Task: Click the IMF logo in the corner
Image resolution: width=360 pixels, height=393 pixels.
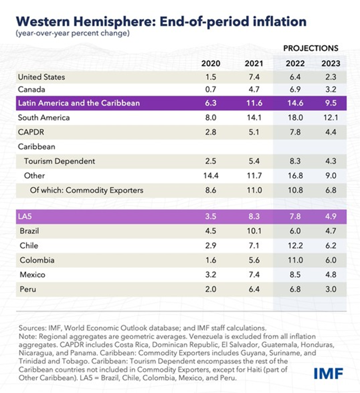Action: coord(328,373)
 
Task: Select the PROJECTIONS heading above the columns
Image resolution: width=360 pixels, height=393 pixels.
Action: coord(310,48)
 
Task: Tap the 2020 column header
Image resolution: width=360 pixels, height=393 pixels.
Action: coord(211,64)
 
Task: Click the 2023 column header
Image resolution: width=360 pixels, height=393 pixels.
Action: coord(330,64)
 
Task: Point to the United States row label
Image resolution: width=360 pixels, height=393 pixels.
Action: coord(42,77)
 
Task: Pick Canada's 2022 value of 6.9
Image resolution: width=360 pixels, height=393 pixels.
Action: coord(295,90)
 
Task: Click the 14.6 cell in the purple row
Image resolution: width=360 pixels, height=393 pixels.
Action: coord(295,103)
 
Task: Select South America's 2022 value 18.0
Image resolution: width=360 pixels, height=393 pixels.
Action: coord(295,117)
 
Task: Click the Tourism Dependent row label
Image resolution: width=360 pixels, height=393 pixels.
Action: coord(60,161)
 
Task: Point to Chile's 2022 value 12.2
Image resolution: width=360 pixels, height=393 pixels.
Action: coord(295,245)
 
